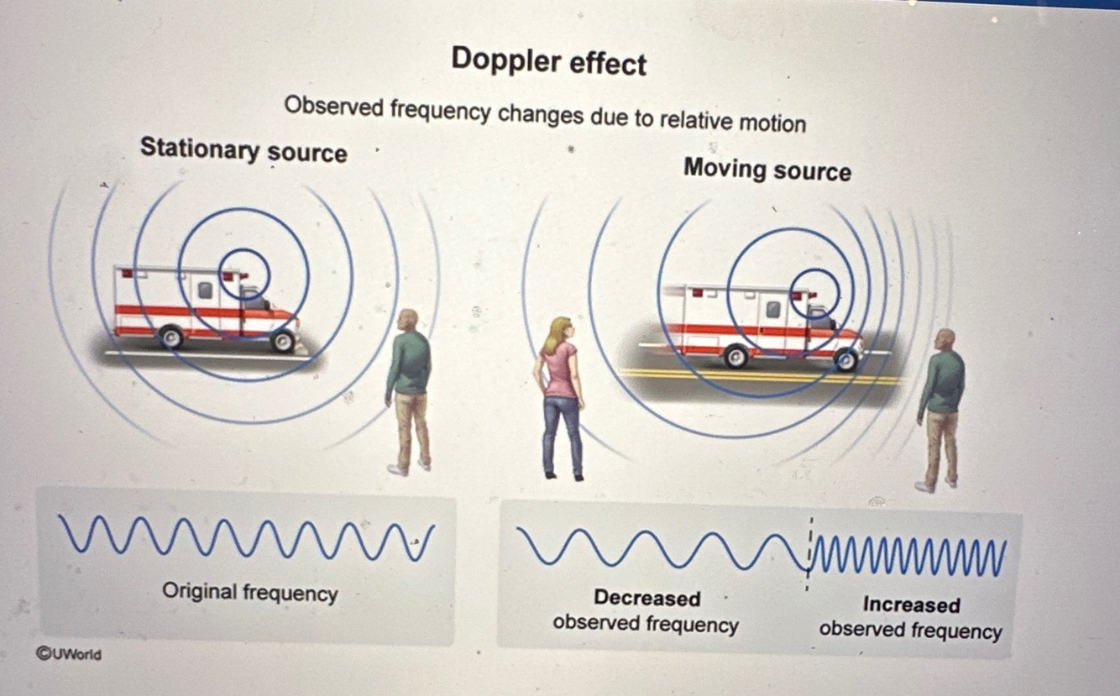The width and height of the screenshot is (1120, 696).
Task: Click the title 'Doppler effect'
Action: coord(548,62)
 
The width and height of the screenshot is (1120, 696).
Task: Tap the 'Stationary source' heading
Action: coord(243,151)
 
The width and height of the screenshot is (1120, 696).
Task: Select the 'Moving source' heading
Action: coord(767,170)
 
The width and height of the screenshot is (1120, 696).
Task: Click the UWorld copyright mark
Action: coord(68,653)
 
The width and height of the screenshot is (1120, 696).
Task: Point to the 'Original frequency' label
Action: coord(249,593)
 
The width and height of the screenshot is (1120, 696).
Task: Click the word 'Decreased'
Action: coord(646,598)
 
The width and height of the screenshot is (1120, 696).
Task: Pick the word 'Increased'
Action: coord(911,604)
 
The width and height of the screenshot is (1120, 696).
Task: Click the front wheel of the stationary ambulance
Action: coord(284,340)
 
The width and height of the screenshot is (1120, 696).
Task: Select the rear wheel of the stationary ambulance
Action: coord(170,336)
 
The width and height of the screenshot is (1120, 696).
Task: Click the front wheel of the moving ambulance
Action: coord(846,359)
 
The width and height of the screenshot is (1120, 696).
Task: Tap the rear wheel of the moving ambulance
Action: coord(735,356)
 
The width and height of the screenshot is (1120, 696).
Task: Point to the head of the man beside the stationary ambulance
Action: coord(408,320)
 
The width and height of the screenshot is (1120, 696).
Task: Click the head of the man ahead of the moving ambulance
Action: coord(945,340)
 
